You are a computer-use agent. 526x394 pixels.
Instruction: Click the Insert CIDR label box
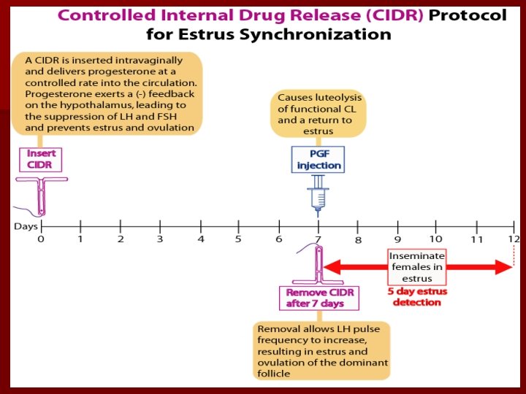[40, 160]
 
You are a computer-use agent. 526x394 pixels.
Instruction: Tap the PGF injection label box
[318, 159]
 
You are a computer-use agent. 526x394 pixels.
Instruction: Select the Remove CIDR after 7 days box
[319, 298]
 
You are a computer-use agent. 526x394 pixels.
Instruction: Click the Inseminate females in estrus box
[416, 267]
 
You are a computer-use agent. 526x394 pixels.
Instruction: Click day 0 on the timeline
[41, 238]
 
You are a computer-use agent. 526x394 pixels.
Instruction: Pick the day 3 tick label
[160, 239]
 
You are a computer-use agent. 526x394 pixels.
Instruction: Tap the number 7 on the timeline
[318, 239]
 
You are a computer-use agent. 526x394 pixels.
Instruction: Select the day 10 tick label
[435, 239]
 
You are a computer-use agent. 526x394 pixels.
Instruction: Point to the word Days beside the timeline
[26, 226]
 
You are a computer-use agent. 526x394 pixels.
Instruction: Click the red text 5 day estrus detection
[417, 297]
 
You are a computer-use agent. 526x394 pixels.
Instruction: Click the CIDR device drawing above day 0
[42, 193]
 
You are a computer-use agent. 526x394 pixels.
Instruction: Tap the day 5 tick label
[238, 239]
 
